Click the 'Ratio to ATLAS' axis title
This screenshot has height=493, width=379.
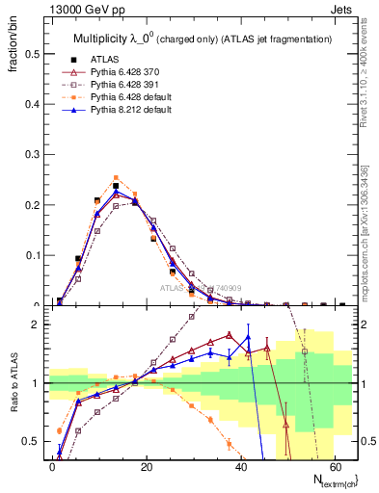[13, 383]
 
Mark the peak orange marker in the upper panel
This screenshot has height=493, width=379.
[116, 178]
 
